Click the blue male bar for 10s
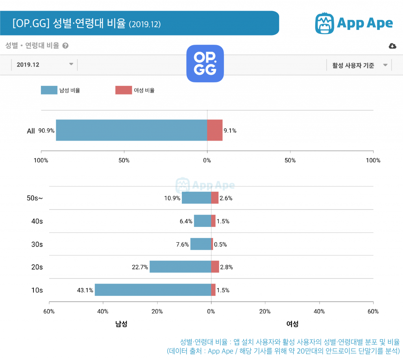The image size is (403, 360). (153, 290)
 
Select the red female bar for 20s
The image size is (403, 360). (215, 267)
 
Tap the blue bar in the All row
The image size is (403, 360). (131, 130)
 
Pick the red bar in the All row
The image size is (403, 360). (214, 130)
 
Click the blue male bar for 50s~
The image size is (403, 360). (196, 198)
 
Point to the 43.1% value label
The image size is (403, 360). (85, 290)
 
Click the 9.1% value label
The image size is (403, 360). (230, 131)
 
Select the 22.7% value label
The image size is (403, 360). (140, 267)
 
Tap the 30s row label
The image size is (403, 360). (37, 244)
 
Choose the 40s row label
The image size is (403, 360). (37, 221)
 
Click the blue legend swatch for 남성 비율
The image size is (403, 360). (49, 90)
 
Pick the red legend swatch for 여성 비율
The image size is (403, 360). (123, 90)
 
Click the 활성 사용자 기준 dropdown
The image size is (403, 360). (359, 65)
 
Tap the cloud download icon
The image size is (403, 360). (392, 46)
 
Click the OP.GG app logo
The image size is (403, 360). (205, 63)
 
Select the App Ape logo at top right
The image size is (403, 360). (353, 23)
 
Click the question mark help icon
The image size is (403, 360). (65, 46)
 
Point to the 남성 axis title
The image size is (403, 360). (121, 324)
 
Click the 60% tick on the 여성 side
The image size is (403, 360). (373, 312)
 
